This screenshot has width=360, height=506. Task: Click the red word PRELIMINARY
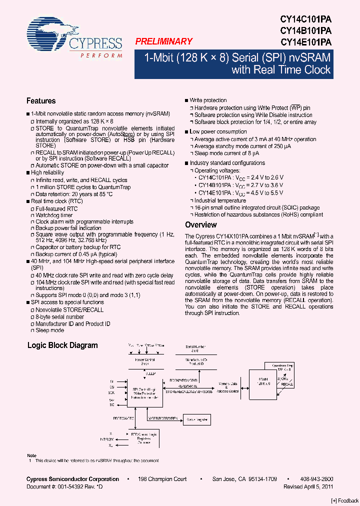[x=163, y=42]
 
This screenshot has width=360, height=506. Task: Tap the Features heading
[x=41, y=101]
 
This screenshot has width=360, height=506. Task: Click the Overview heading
[x=201, y=225]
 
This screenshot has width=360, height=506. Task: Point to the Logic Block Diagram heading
[x=62, y=345]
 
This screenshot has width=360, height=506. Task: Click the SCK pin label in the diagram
[x=111, y=392]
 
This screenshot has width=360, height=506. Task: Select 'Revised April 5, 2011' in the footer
[x=308, y=486]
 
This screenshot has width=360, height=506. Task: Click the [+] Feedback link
[x=345, y=500]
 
